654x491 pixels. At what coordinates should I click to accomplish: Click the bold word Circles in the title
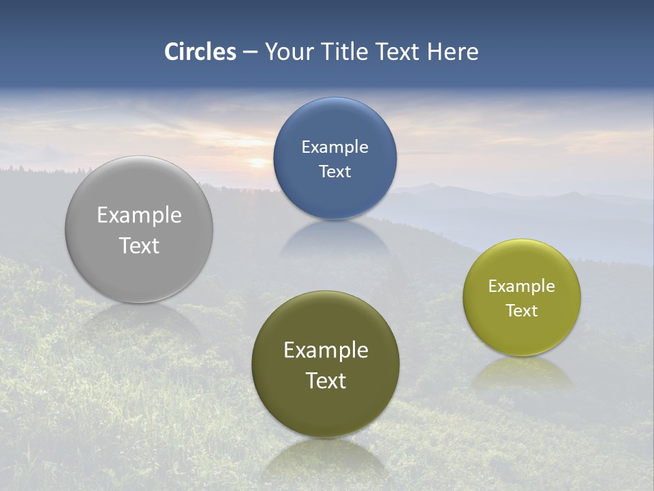point(200,52)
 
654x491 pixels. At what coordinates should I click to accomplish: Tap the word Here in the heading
point(452,52)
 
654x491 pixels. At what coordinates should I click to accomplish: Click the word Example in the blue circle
point(334,147)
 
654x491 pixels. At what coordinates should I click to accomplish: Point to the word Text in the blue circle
point(334,171)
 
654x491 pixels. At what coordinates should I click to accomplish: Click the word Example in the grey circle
point(139,215)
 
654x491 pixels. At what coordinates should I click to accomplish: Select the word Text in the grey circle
point(139,245)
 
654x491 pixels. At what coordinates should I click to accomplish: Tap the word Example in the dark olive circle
point(326,351)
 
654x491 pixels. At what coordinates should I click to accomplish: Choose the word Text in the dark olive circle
point(326,381)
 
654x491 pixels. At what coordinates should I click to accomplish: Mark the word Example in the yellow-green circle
point(522,286)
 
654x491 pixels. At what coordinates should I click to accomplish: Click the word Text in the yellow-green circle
point(522,311)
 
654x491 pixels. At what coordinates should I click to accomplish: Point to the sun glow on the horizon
point(258,162)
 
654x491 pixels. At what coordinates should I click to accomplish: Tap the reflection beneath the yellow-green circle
point(522,374)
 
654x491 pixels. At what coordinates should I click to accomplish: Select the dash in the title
point(250,53)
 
